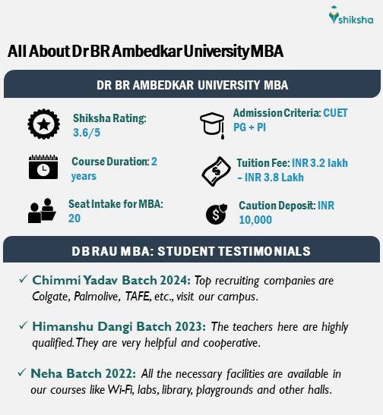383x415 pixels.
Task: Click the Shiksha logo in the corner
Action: coord(351,15)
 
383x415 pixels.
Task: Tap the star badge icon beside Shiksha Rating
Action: coord(44,124)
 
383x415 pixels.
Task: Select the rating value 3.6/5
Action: coord(87,133)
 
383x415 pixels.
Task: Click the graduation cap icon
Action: coord(212,125)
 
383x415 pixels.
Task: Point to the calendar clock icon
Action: coord(43,167)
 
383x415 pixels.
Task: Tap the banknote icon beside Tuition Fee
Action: coord(217,171)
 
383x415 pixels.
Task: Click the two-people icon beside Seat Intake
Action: coord(42,211)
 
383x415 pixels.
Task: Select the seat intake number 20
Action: coord(74,219)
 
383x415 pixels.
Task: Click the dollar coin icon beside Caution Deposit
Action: coord(217,214)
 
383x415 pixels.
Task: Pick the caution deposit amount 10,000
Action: coord(255,220)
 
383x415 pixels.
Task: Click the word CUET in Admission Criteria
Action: coord(335,113)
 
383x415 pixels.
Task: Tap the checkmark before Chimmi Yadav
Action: coord(24,279)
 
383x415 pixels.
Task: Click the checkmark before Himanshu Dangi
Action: coord(24,325)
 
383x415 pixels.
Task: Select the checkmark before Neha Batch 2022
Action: coord(22,373)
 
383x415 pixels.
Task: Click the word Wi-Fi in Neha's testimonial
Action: coord(120,390)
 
